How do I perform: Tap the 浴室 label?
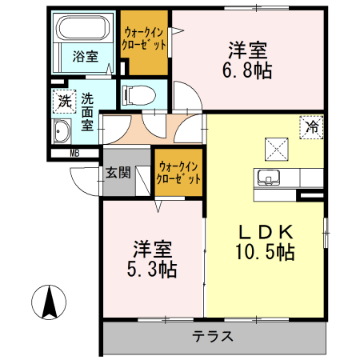(x=85, y=57)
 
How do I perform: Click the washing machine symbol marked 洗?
(x=63, y=102)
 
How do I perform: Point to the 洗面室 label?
(x=87, y=112)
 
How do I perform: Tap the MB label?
(x=74, y=153)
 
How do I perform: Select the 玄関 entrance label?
(x=117, y=171)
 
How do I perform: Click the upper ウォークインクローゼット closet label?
(x=145, y=39)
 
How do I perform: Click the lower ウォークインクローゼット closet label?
(x=179, y=173)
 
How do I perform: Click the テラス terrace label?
(x=211, y=336)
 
